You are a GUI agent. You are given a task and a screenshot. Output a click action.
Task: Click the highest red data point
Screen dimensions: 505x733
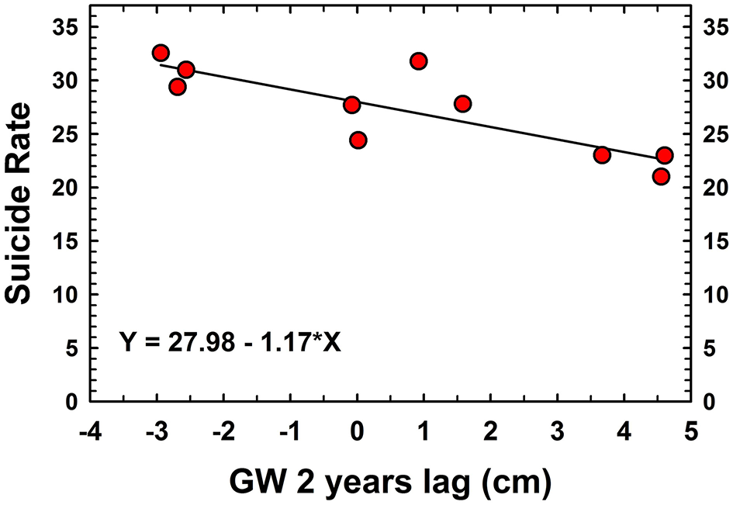(x=161, y=53)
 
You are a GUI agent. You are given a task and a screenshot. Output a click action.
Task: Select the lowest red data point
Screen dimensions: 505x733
(x=661, y=176)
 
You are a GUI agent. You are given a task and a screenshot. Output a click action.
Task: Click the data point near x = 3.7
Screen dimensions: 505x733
(x=602, y=154)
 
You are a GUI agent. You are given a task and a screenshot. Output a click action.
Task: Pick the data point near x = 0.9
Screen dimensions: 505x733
(x=419, y=61)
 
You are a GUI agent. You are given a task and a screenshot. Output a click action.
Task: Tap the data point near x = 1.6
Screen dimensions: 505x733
(x=463, y=103)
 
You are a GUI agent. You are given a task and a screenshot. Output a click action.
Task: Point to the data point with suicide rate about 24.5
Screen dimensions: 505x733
(x=358, y=140)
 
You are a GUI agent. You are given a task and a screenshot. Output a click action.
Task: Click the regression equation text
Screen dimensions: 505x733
(x=230, y=341)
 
